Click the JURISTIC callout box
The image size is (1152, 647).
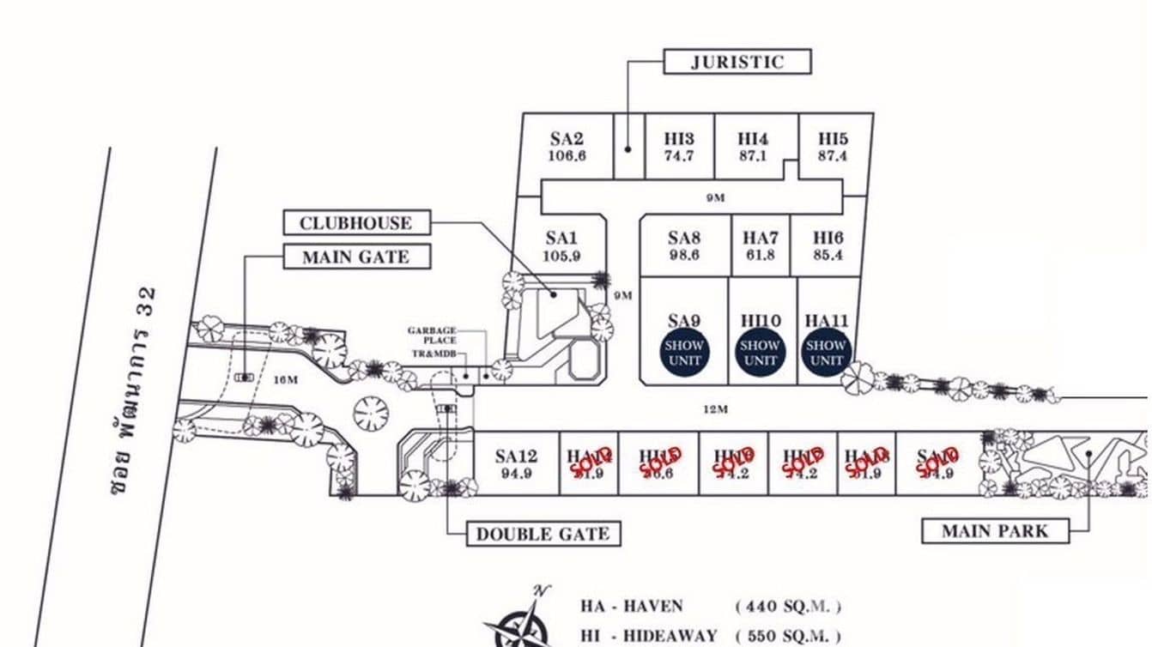click(x=737, y=62)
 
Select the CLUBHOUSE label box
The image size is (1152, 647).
click(x=355, y=223)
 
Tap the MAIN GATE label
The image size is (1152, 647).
click(x=355, y=257)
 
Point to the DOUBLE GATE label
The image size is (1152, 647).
click(x=543, y=534)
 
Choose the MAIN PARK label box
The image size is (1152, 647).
click(x=995, y=530)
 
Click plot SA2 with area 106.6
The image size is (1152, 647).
click(x=567, y=147)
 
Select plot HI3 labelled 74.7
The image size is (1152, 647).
click(x=678, y=147)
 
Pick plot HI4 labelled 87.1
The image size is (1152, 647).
click(x=753, y=147)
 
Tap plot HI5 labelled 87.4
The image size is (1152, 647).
click(x=833, y=147)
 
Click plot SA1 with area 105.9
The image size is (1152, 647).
click(x=561, y=246)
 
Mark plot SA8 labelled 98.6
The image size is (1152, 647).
click(x=684, y=246)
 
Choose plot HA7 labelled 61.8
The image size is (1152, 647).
click(x=761, y=246)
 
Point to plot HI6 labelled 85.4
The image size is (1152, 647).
click(x=828, y=246)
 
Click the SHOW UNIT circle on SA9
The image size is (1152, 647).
click(x=684, y=353)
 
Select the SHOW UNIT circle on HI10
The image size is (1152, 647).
click(x=760, y=353)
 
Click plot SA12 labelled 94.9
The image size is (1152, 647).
click(x=516, y=463)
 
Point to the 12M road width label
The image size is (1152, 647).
click(x=715, y=409)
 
